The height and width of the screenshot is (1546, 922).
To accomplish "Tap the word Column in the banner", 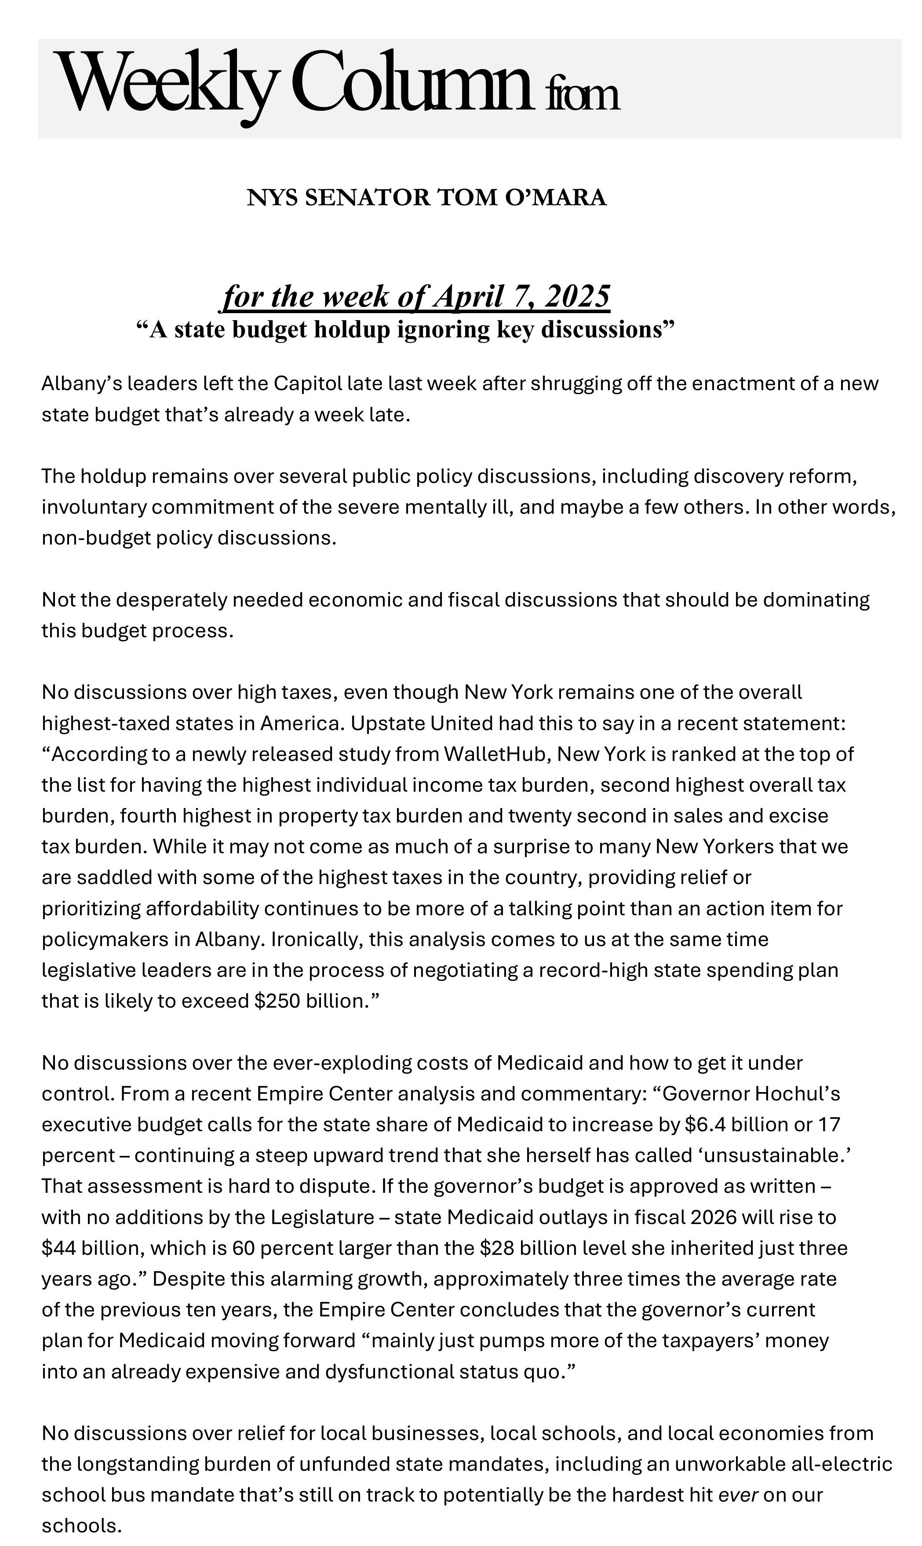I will point(410,84).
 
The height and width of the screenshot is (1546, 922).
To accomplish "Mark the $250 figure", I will point(277,1001).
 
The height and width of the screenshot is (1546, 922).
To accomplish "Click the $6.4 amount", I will point(705,1124).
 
